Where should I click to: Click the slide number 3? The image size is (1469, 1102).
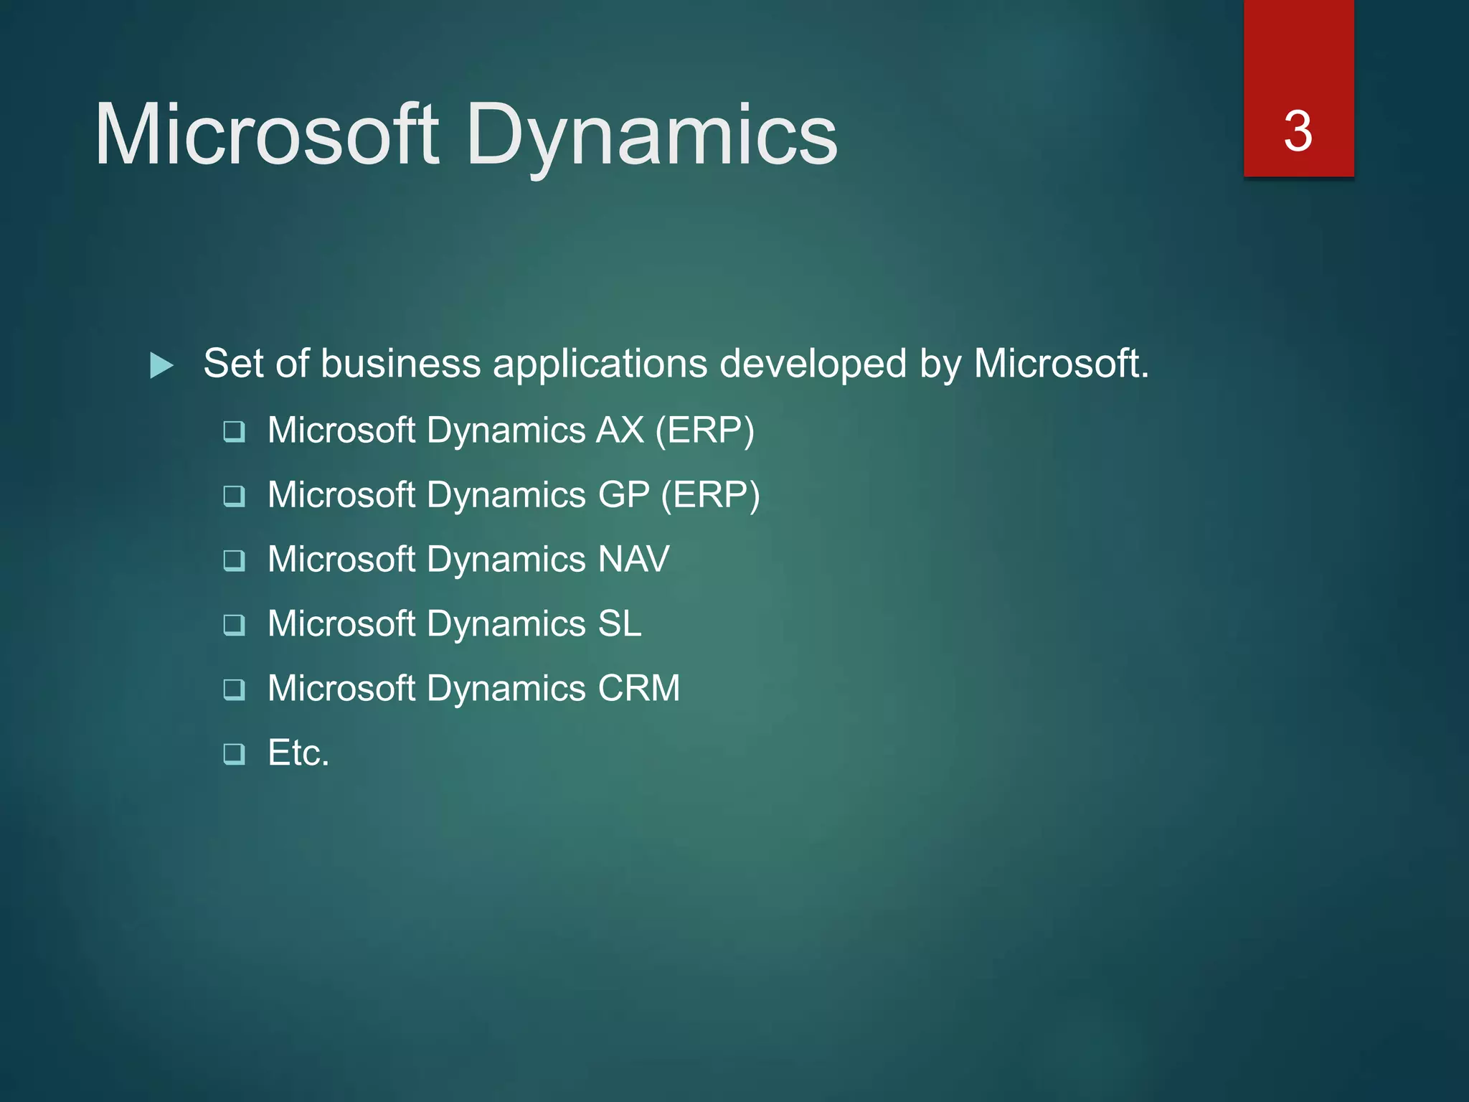coord(1298,131)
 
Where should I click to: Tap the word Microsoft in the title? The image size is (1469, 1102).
coord(266,134)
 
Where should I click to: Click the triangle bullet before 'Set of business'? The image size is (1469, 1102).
coord(161,365)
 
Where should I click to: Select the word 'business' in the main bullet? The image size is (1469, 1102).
coord(400,364)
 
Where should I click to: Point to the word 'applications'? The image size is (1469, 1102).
coord(600,364)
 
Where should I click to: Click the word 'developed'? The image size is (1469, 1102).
coord(813,364)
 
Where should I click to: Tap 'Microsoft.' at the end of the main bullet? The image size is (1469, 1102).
coord(1061,364)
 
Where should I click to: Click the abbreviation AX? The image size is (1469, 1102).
coord(620,430)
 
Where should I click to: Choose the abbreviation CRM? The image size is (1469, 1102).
coord(638,689)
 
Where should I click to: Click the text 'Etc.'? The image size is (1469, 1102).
coord(298,753)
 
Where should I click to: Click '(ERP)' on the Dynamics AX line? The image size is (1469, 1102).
coord(705,430)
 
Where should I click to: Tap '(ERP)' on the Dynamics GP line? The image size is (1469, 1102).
coord(710,495)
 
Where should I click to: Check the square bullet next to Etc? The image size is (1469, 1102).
coord(234,754)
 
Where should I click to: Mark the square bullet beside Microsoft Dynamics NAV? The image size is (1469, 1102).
coord(234,560)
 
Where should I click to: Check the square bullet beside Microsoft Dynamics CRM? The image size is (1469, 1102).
coord(234,689)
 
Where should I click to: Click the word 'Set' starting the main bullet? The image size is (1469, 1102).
coord(234,364)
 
